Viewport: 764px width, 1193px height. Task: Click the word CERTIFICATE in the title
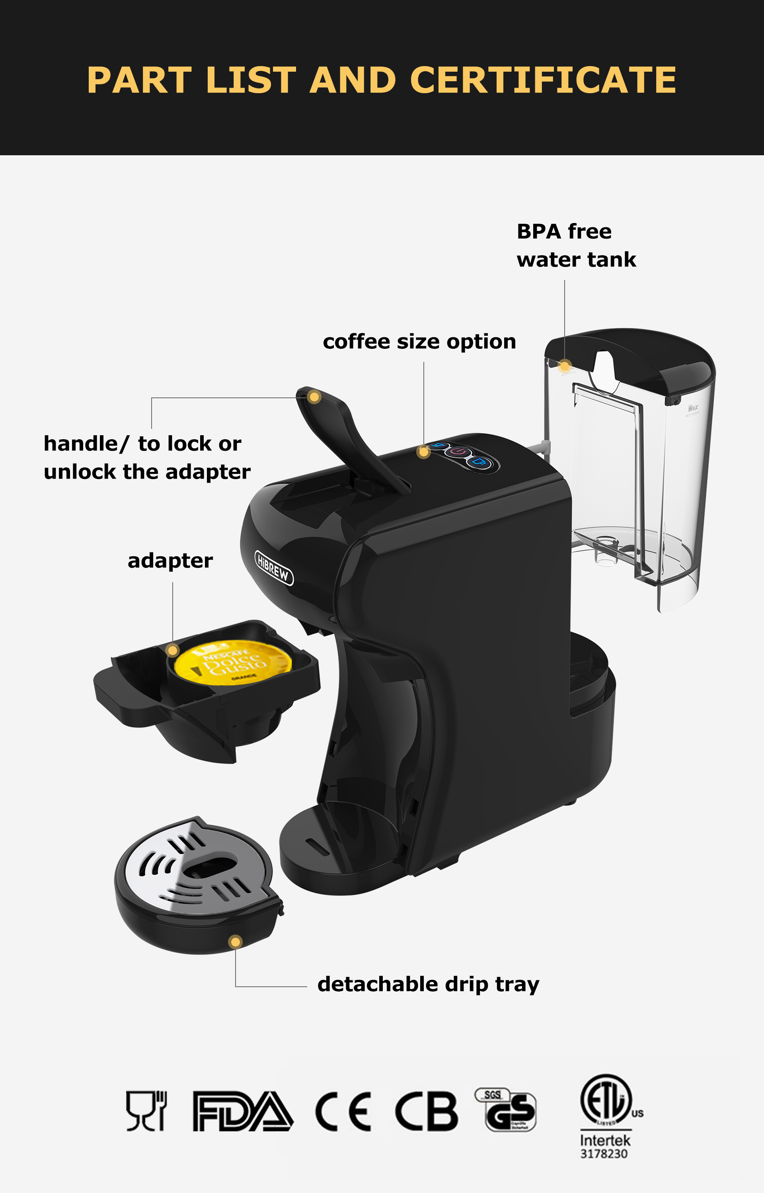(x=543, y=80)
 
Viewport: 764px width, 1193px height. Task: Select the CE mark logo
(x=343, y=1111)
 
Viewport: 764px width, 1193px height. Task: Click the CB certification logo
(x=426, y=1111)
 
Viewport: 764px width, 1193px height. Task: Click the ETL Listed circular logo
(x=606, y=1101)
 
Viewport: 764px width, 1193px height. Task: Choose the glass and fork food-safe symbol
(x=146, y=1111)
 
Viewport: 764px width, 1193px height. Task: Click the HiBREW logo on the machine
(x=274, y=568)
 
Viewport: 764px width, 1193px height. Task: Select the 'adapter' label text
(x=170, y=561)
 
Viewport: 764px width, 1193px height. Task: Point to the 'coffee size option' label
(x=419, y=342)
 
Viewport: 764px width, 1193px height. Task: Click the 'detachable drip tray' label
(x=428, y=984)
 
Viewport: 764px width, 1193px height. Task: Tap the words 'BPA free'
(x=564, y=231)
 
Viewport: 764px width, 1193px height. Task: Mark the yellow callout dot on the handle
(x=314, y=397)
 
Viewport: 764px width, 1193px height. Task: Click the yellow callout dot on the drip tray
(x=236, y=942)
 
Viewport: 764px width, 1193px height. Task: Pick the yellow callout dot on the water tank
(x=565, y=366)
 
